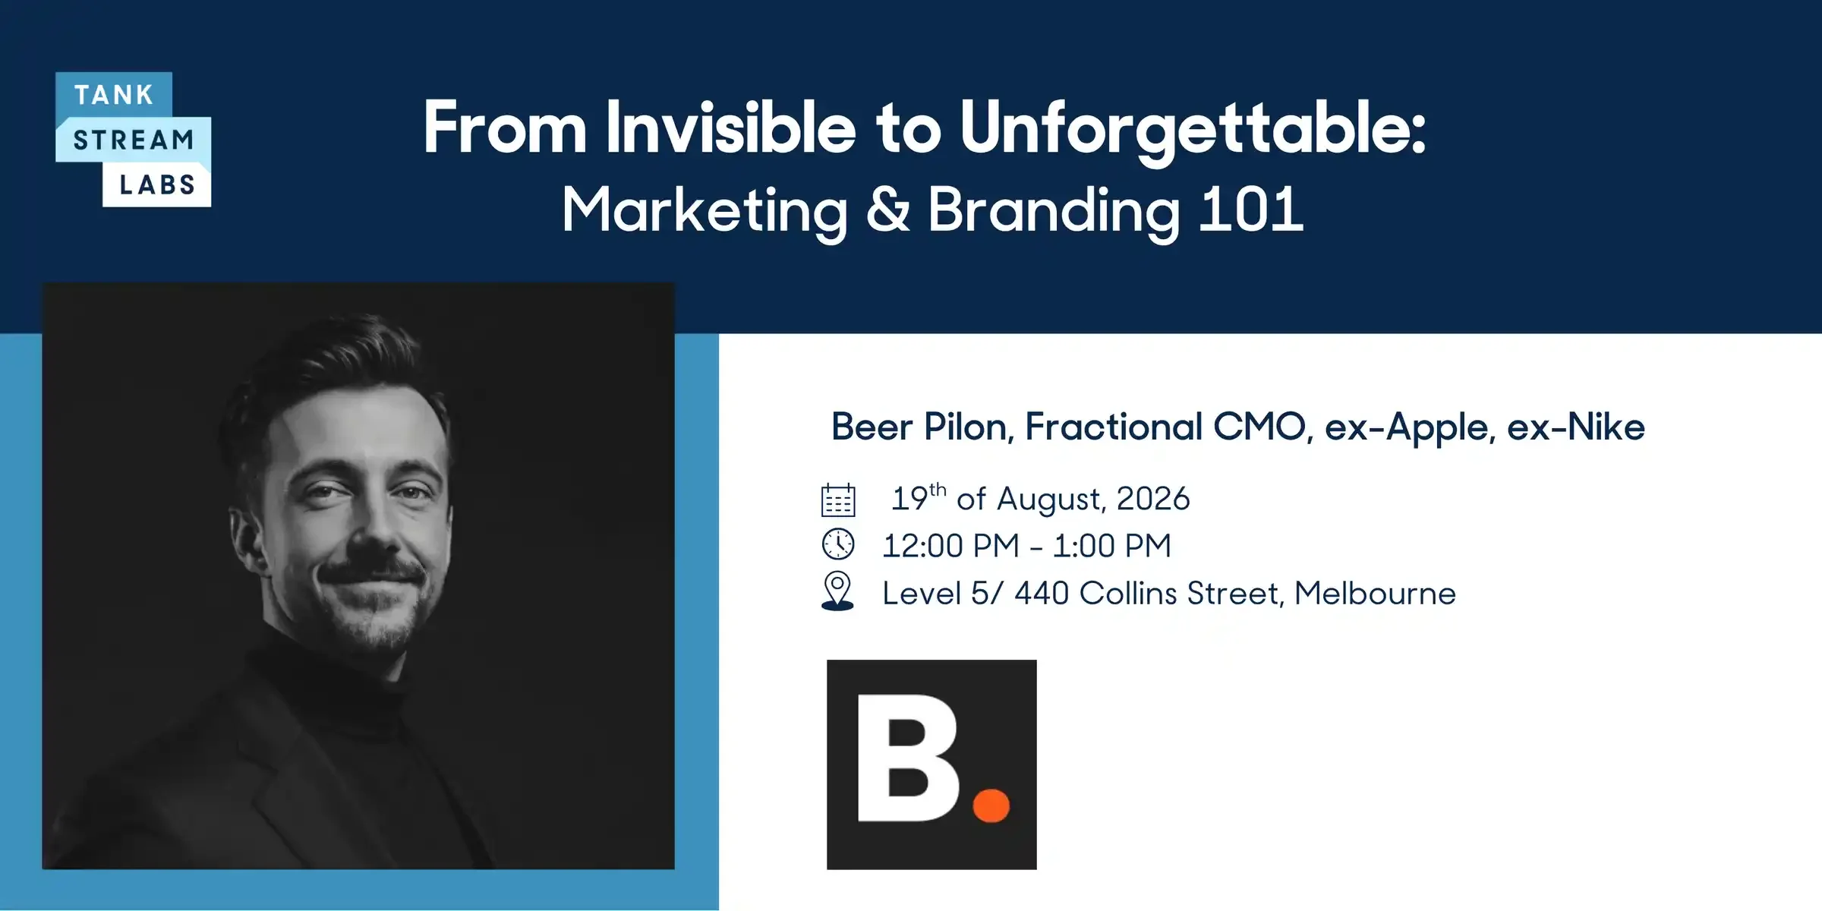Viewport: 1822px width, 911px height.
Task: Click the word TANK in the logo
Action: [114, 95]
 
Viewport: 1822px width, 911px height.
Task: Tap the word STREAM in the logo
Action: [134, 140]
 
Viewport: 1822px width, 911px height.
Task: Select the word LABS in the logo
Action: [157, 184]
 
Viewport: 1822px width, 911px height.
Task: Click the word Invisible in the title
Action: [731, 128]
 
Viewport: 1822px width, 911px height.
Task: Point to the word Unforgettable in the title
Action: [1193, 131]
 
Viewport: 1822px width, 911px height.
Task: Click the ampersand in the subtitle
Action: [887, 210]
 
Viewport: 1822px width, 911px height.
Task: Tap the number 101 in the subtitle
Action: [1250, 210]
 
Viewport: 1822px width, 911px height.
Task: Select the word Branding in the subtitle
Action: [1054, 213]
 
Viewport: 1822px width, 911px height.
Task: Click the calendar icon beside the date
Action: [838, 500]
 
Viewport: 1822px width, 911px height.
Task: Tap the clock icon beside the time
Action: [838, 544]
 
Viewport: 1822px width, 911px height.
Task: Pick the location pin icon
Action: [837, 591]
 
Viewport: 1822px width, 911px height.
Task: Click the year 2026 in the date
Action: [1153, 499]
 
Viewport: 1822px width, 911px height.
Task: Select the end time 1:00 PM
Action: [1112, 546]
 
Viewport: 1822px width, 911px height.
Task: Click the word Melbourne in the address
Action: [1375, 593]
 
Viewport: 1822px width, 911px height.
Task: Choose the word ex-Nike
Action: [1576, 427]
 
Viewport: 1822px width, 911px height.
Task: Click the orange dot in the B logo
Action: [991, 805]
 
